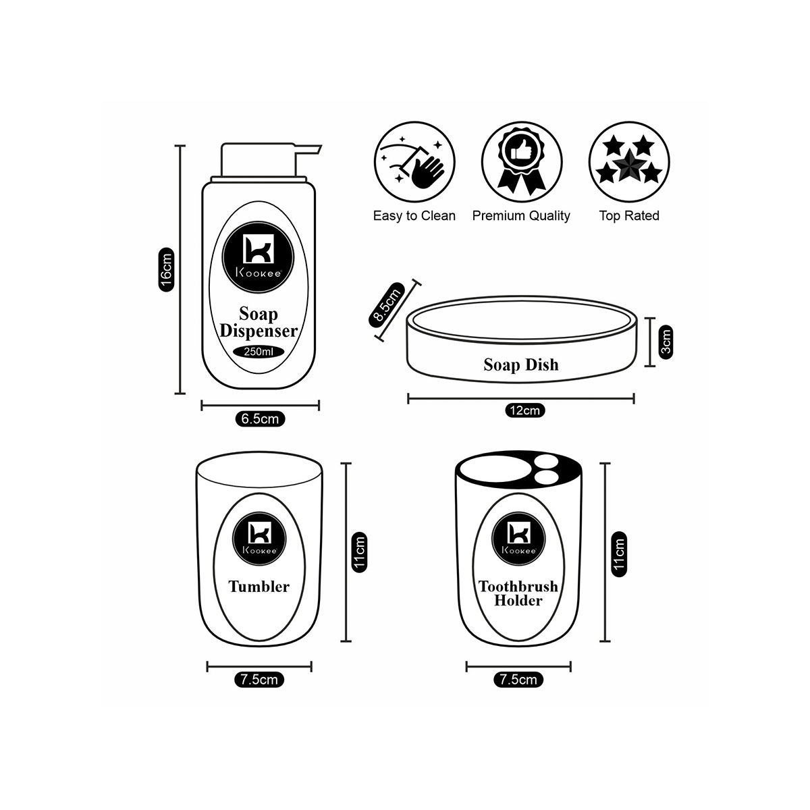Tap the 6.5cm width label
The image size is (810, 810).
point(260,419)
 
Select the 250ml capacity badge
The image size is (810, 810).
point(259,352)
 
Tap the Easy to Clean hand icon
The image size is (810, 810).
point(414,163)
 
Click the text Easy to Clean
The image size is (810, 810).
point(414,216)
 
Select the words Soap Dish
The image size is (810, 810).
point(521,365)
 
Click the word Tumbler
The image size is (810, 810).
point(259,587)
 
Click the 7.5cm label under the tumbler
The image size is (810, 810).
point(259,680)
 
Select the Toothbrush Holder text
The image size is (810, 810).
point(518,593)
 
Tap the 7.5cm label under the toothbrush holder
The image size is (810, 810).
point(518,680)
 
